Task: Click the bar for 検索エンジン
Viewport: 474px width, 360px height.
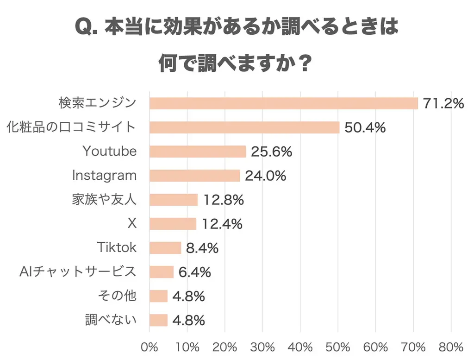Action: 283,103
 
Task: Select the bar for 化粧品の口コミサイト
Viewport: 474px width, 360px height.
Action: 244,127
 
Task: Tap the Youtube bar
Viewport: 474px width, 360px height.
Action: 198,152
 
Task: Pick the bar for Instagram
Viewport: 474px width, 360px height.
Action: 194,176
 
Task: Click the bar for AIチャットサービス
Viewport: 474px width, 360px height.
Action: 162,272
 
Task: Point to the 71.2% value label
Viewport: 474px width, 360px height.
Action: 443,103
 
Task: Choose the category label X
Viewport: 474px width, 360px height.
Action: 132,223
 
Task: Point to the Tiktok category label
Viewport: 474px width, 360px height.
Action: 117,247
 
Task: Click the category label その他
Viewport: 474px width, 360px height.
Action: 118,296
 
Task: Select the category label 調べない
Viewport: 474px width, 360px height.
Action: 111,320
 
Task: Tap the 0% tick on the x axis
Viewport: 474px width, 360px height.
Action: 150,347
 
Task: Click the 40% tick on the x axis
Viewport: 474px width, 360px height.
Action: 300,347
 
